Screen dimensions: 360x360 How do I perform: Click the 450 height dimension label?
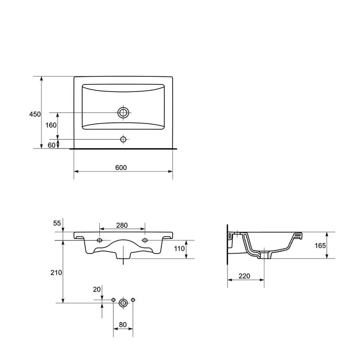tap(35, 114)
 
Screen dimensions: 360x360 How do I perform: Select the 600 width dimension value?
tap(121, 168)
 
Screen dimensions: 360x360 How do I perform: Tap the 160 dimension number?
tap(51, 125)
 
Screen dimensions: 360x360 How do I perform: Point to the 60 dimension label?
tap(52, 145)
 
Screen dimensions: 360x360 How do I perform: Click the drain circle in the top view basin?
tap(123, 112)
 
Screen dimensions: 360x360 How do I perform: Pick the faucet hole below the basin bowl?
tap(123, 139)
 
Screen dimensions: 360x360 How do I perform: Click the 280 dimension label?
tap(122, 226)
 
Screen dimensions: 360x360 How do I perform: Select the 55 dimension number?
tap(57, 223)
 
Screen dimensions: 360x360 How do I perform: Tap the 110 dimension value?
tap(179, 248)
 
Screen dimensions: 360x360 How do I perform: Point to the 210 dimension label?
tap(56, 272)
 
